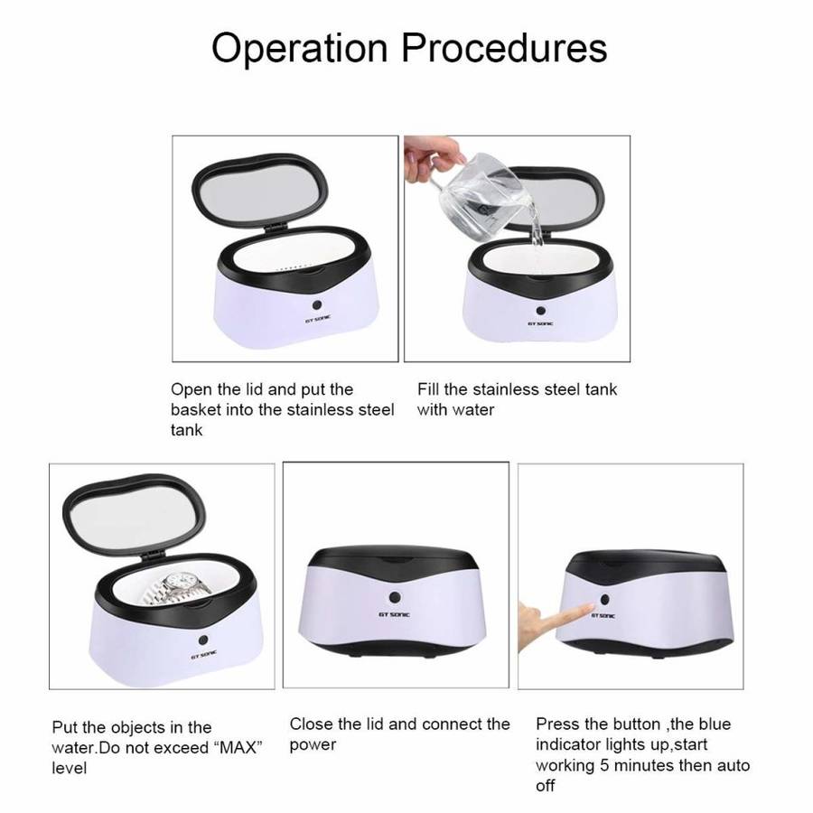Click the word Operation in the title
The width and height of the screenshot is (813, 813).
(299, 48)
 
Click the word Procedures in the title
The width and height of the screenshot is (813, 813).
(504, 48)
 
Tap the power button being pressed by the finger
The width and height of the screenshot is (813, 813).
(604, 600)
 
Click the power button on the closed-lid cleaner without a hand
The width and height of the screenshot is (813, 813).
(395, 597)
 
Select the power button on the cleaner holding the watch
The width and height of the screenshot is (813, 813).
(203, 640)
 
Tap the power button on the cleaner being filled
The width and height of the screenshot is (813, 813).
(541, 310)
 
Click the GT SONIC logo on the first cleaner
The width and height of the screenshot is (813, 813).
(317, 320)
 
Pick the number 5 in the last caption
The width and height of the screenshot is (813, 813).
(604, 765)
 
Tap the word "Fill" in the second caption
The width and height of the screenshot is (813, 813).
(428, 388)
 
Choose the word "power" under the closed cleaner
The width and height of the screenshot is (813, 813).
(313, 745)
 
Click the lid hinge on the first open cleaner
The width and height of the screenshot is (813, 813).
(275, 226)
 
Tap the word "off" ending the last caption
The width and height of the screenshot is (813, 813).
(545, 786)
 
